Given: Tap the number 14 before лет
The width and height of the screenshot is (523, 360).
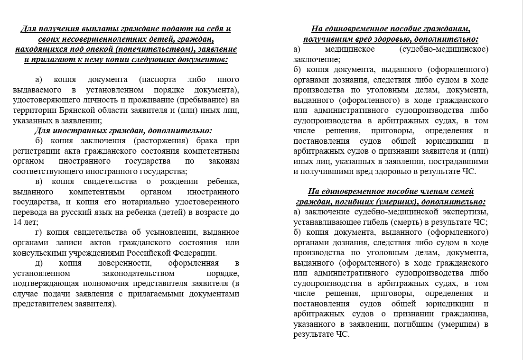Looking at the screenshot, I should coord(18,222).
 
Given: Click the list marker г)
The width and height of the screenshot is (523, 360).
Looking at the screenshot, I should coord(38,232).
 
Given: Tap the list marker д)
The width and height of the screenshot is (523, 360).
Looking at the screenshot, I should coord(39,263).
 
